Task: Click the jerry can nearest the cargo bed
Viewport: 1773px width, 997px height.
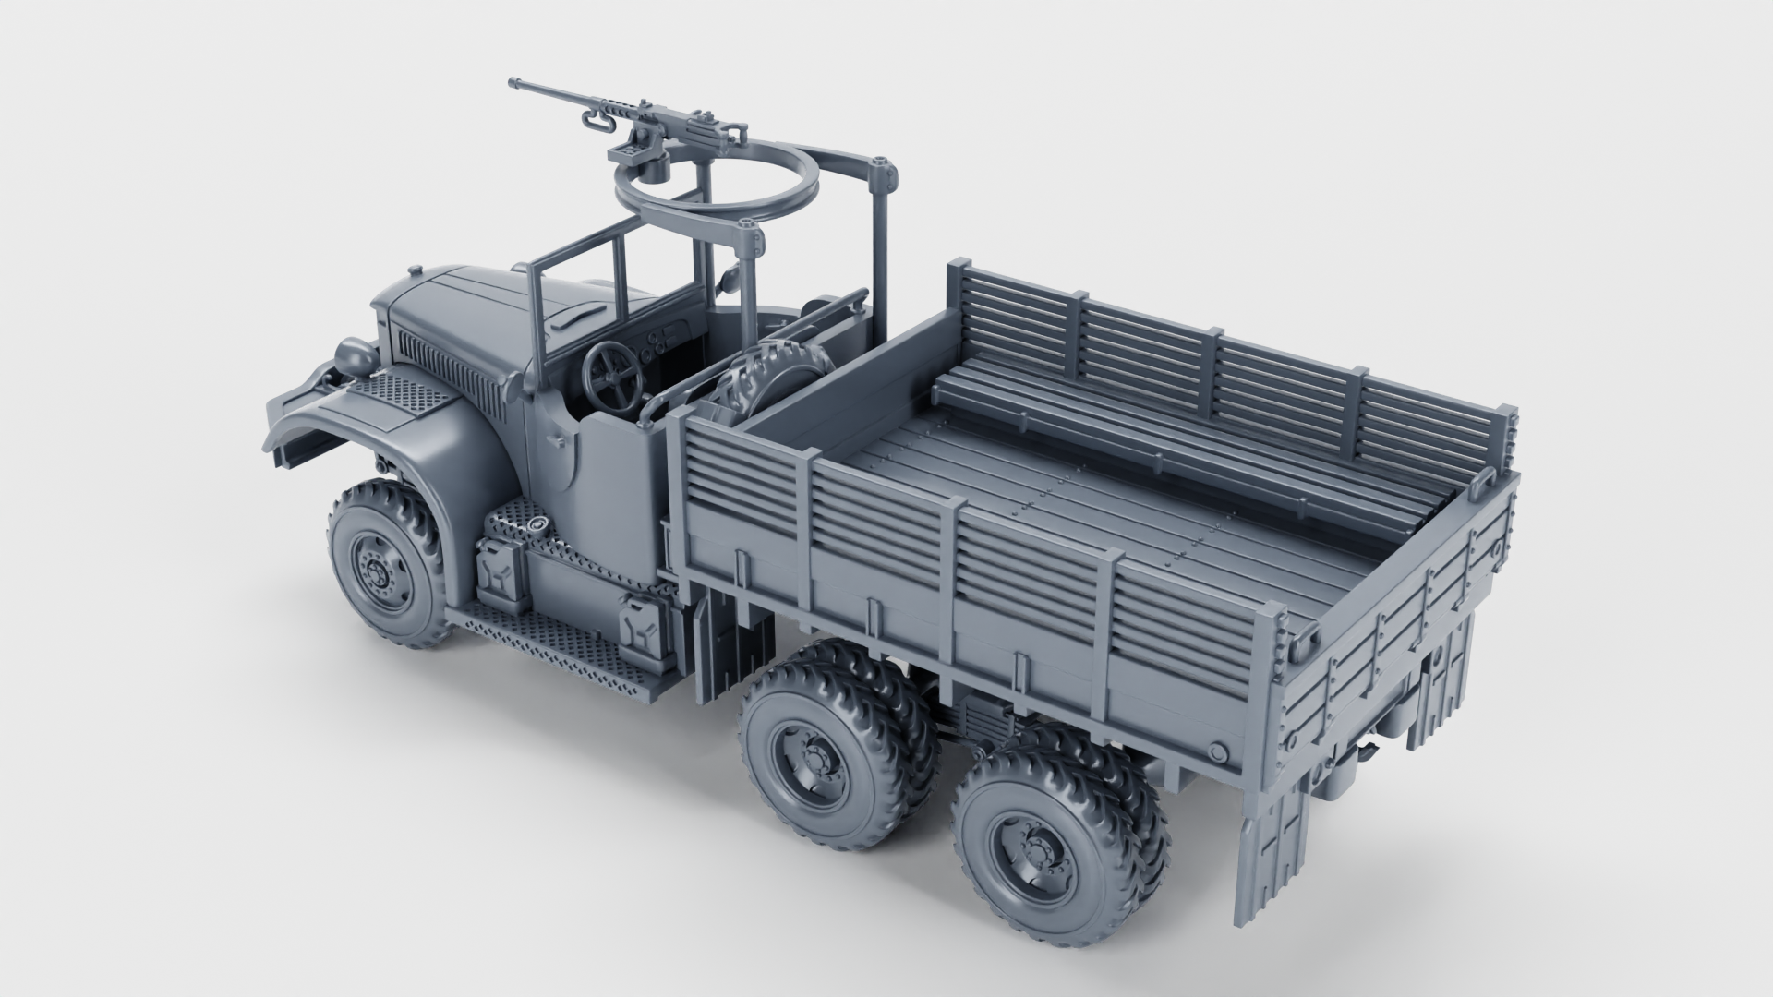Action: pyautogui.click(x=640, y=631)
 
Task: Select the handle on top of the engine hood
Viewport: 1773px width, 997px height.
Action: pyautogui.click(x=570, y=317)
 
